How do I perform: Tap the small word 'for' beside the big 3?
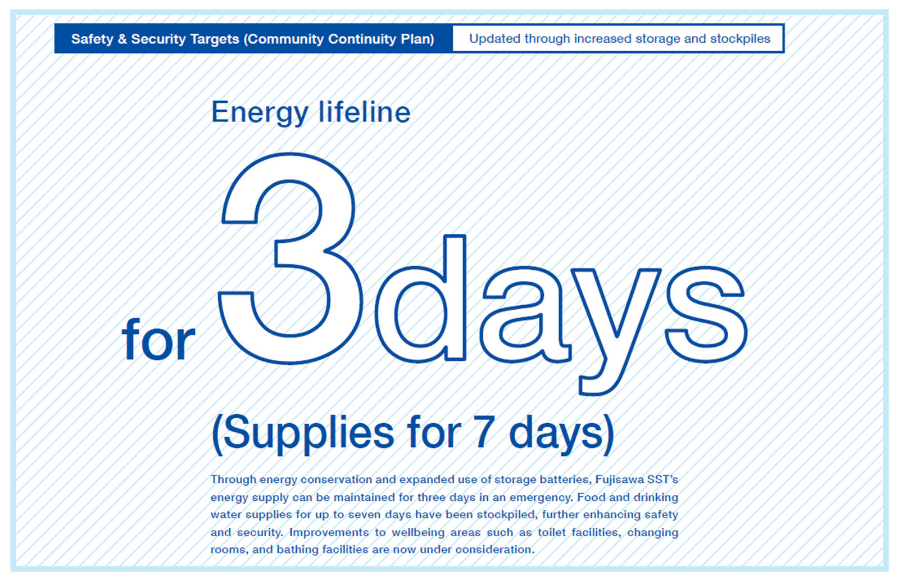point(158,339)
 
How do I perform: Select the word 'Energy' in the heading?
point(259,113)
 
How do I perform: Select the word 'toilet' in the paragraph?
point(552,532)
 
